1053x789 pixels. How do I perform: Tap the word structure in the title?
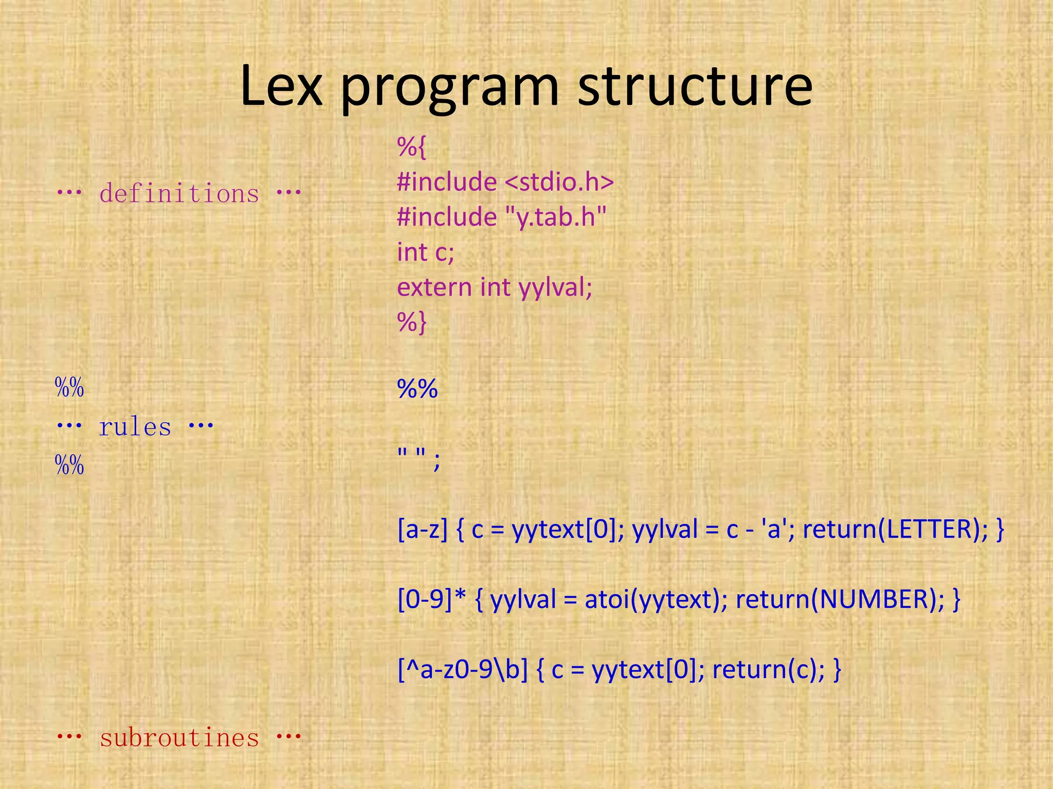coord(695,86)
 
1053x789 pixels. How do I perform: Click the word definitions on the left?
coord(179,193)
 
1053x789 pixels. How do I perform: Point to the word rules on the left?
coord(135,427)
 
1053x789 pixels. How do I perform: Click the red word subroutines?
coord(179,738)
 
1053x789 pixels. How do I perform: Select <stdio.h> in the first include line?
coord(559,182)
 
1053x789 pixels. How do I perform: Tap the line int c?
coord(426,252)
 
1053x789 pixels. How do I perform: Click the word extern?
coord(434,287)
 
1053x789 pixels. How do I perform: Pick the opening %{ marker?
coord(411,147)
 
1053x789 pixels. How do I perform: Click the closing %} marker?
coord(411,323)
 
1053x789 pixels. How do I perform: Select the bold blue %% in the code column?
coord(417,389)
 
